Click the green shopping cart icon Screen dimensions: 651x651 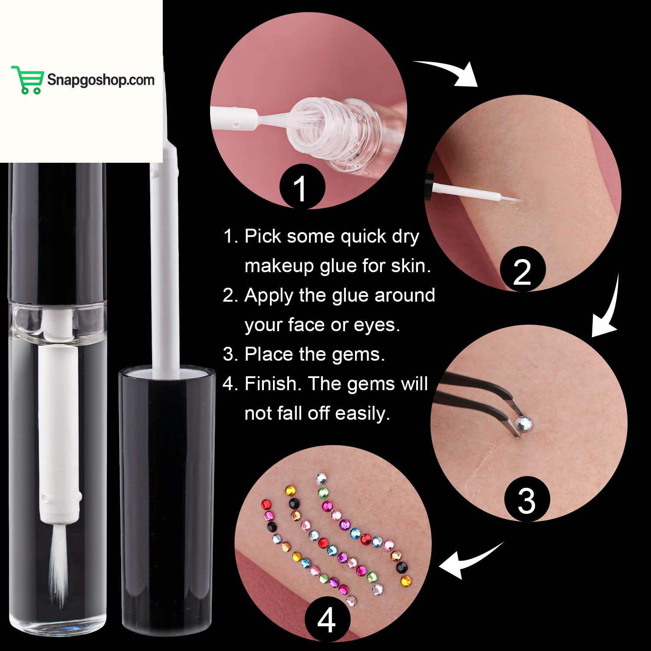(x=27, y=80)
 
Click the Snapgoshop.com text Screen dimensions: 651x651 (x=101, y=80)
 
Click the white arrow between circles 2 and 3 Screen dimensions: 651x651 (x=608, y=312)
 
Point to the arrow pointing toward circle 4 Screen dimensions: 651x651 (x=467, y=562)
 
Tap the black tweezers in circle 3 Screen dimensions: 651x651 (x=477, y=395)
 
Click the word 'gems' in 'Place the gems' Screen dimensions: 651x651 (x=363, y=355)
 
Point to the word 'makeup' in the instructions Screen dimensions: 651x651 (x=279, y=266)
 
